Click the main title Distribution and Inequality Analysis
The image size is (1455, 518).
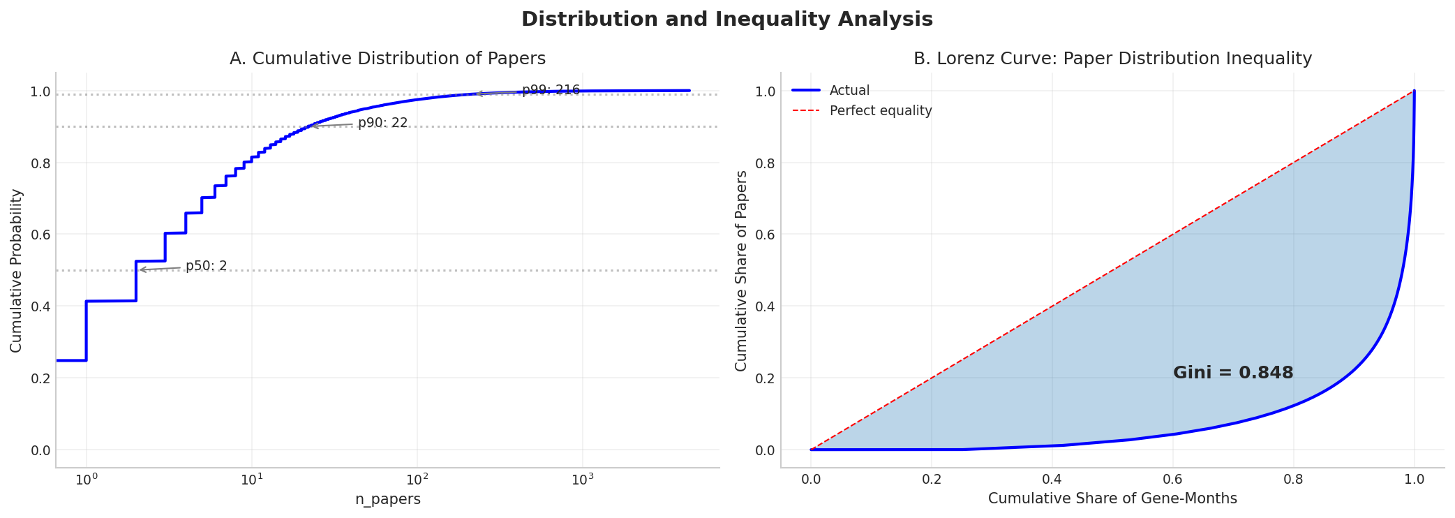click(726, 20)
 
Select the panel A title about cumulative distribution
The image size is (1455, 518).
click(387, 59)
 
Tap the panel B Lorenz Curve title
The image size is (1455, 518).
click(1112, 59)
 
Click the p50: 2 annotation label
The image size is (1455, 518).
click(206, 266)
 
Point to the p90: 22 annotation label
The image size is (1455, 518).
click(382, 124)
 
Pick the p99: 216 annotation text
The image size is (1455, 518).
click(551, 90)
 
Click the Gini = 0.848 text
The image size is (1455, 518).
click(1232, 373)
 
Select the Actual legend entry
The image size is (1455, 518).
click(849, 91)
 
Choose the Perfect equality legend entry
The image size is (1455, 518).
click(880, 111)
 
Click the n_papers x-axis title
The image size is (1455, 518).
click(387, 500)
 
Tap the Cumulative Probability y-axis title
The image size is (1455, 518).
click(16, 270)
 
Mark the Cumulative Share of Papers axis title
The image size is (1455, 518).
click(741, 270)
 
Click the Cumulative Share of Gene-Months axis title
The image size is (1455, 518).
click(1112, 499)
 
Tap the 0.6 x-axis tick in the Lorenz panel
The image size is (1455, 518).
click(1172, 480)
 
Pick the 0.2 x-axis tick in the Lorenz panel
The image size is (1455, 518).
click(931, 480)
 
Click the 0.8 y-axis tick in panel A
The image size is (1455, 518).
click(41, 163)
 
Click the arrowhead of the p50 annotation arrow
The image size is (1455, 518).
click(140, 269)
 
